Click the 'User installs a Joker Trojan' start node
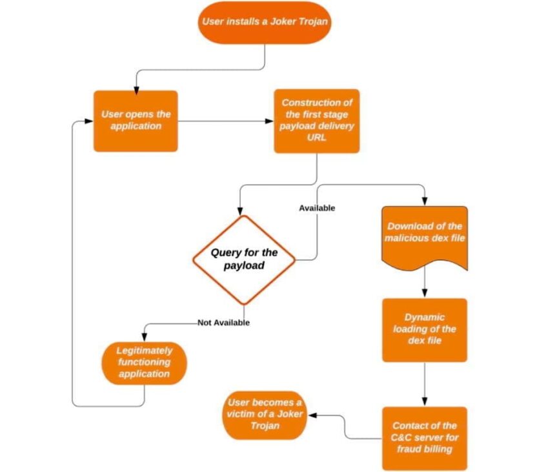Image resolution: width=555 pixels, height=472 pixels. pyautogui.click(x=263, y=22)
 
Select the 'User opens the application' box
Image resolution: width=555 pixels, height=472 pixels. pyautogui.click(x=136, y=121)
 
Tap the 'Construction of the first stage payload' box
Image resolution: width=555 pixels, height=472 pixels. pyautogui.click(x=316, y=121)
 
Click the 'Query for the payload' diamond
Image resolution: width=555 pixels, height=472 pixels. pyautogui.click(x=244, y=260)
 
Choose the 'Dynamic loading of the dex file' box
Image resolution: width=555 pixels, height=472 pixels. pyautogui.click(x=424, y=329)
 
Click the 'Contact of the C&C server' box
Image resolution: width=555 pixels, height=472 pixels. pyautogui.click(x=424, y=438)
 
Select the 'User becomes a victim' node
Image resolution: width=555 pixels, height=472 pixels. pyautogui.click(x=264, y=413)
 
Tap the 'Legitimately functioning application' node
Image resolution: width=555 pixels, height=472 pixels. pyautogui.click(x=144, y=362)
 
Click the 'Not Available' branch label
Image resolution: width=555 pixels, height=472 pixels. pyautogui.click(x=223, y=322)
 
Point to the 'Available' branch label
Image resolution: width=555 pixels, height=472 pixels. pyautogui.click(x=317, y=208)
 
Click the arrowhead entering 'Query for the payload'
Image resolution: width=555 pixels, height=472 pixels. pyautogui.click(x=240, y=210)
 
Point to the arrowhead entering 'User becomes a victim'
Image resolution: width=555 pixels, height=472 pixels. pyautogui.click(x=310, y=416)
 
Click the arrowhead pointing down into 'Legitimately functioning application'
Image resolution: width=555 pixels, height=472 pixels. pyautogui.click(x=144, y=337)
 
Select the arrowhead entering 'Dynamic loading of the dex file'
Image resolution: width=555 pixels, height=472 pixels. pyautogui.click(x=425, y=294)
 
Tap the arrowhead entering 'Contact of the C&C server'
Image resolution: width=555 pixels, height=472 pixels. pyautogui.click(x=425, y=402)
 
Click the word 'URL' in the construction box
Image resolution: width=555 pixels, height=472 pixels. pyautogui.click(x=316, y=138)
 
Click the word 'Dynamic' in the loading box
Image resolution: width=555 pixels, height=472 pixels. pyautogui.click(x=425, y=317)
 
